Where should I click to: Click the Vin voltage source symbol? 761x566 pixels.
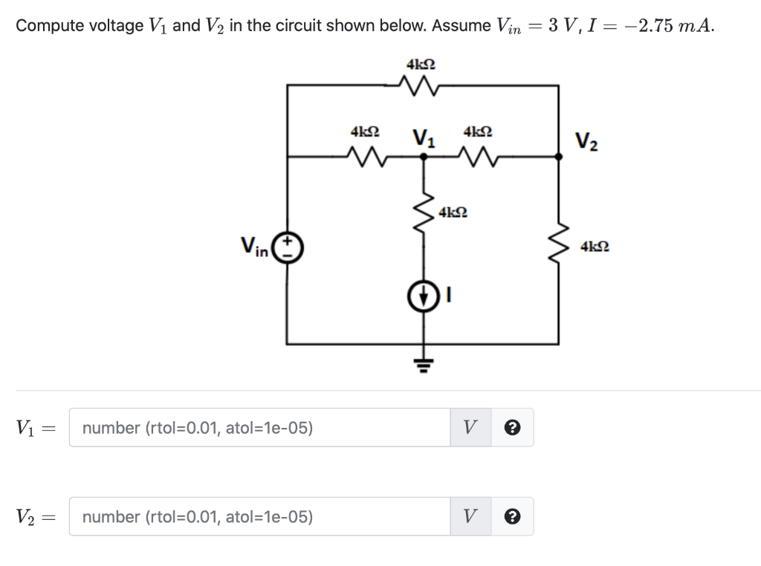tap(288, 247)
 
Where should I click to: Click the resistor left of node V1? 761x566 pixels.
tap(364, 156)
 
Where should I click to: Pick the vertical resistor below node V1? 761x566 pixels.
tap(424, 210)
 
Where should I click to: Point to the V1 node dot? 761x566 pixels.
tap(424, 156)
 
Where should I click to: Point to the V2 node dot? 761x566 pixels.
tap(559, 156)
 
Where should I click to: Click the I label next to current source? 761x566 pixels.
tap(448, 297)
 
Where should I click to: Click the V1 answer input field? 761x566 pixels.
tap(259, 428)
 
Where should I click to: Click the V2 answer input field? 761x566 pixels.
tap(259, 517)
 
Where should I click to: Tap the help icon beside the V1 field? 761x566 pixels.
tap(512, 428)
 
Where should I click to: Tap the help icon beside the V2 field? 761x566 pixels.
tap(512, 517)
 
